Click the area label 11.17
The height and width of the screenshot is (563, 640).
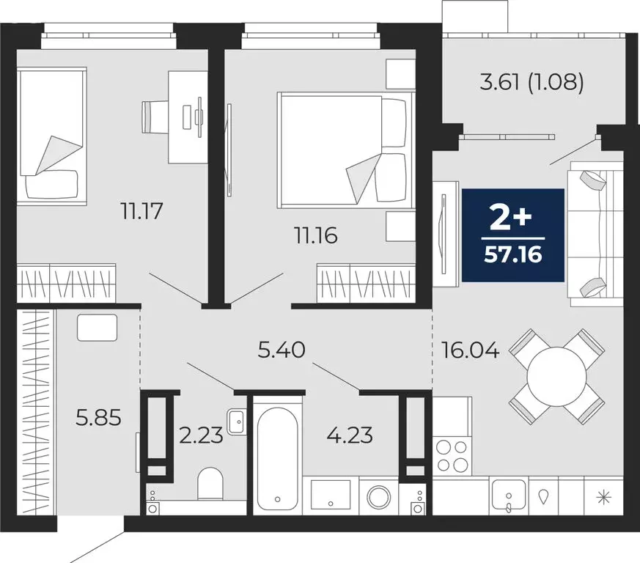[141, 213]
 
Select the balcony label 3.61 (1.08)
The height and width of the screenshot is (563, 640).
[532, 83]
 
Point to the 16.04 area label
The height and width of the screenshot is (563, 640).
[470, 350]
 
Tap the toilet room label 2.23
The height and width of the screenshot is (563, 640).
[201, 435]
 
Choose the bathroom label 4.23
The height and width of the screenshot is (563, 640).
[350, 435]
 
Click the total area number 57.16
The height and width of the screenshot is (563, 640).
[512, 256]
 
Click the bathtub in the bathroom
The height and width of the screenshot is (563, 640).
[276, 454]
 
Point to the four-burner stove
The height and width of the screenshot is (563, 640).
[452, 455]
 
